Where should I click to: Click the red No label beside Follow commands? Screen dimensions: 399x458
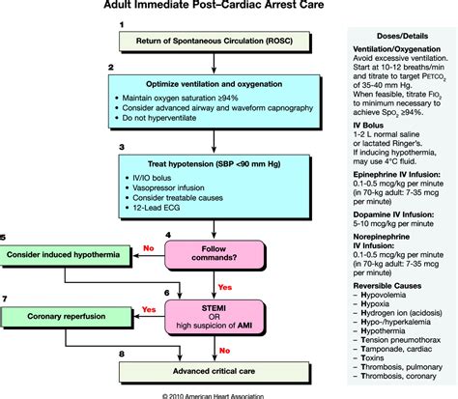[x=147, y=246]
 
